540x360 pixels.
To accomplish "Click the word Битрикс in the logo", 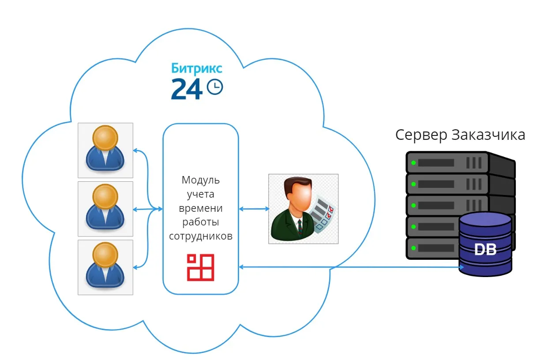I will [196, 69].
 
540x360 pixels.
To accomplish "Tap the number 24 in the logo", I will [187, 89].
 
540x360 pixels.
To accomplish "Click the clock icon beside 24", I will [215, 87].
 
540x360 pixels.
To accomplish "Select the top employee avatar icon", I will [105, 150].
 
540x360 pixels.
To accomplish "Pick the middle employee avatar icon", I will [105, 209].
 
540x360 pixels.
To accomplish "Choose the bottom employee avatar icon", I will [105, 267].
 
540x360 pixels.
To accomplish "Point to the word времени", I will [201, 208].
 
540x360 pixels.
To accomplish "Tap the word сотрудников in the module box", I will [201, 236].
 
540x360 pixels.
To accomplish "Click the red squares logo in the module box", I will [201, 267].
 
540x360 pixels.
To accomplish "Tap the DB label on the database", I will [485, 250].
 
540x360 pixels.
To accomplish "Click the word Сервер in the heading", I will [421, 135].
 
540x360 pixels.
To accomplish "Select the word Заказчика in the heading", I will [488, 135].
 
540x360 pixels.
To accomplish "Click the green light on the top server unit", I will [413, 163].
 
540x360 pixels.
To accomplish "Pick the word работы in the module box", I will [201, 222].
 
